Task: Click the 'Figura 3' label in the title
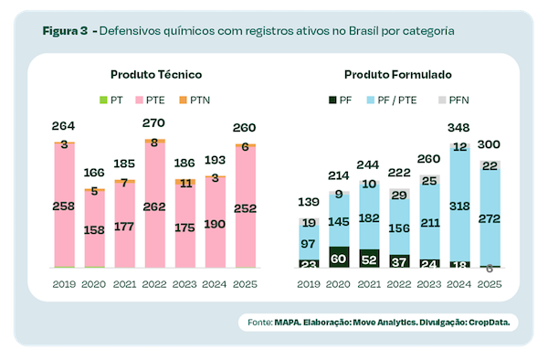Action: [65, 30]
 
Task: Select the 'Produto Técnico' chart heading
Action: [156, 73]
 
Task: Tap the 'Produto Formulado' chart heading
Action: [398, 73]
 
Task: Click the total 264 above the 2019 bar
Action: [63, 126]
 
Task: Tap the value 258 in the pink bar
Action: [63, 207]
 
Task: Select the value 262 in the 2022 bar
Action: [153, 207]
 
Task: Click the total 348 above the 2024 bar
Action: [460, 127]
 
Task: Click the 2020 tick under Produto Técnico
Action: [93, 284]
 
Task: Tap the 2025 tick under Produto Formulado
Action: [490, 284]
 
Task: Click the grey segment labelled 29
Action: [400, 195]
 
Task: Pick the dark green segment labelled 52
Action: [370, 259]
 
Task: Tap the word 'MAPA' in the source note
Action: [291, 323]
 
